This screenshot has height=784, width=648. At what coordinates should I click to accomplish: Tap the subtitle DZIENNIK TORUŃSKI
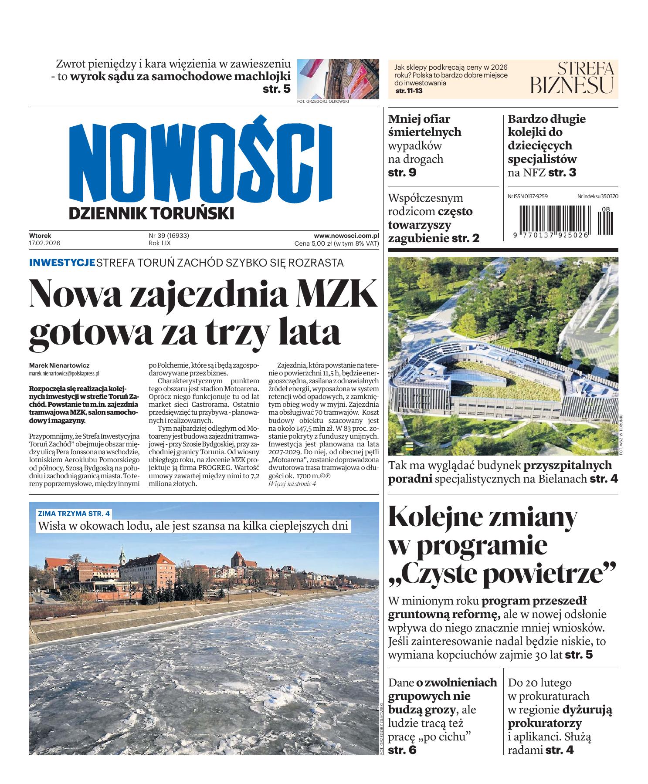tap(151, 213)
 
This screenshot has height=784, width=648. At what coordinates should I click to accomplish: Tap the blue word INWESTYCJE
tap(62, 263)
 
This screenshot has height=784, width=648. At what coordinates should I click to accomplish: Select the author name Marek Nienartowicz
tap(59, 366)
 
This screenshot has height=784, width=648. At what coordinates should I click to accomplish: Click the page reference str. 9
tap(402, 172)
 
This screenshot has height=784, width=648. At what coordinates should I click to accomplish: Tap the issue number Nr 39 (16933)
tap(169, 236)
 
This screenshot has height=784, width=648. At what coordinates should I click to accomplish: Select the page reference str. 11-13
tap(409, 91)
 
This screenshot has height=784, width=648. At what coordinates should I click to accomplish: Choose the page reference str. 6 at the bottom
tap(402, 750)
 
